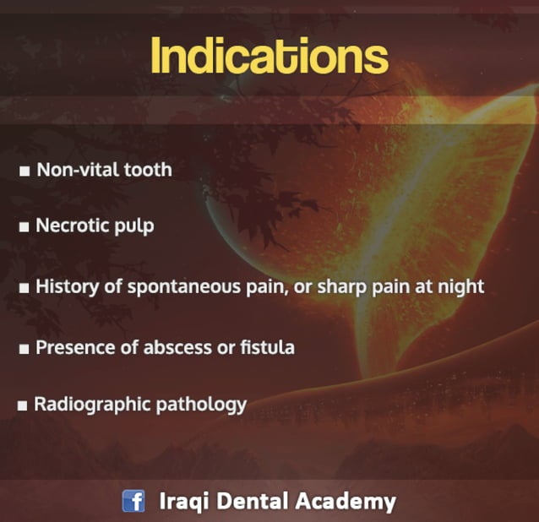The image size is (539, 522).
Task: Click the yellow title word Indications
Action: pyautogui.click(x=269, y=56)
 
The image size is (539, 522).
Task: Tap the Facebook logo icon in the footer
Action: pyautogui.click(x=133, y=501)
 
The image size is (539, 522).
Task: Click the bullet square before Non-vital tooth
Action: pyautogui.click(x=25, y=171)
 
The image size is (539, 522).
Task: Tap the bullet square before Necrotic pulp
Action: pyautogui.click(x=25, y=228)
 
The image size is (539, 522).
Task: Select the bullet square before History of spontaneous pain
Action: pyautogui.click(x=25, y=288)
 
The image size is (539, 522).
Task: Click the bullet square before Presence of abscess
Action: pyautogui.click(x=25, y=348)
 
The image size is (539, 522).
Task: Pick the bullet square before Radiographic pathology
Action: pyautogui.click(x=23, y=406)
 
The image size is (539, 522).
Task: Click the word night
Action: pyautogui.click(x=460, y=287)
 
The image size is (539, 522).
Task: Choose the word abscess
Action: pyautogui.click(x=178, y=346)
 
